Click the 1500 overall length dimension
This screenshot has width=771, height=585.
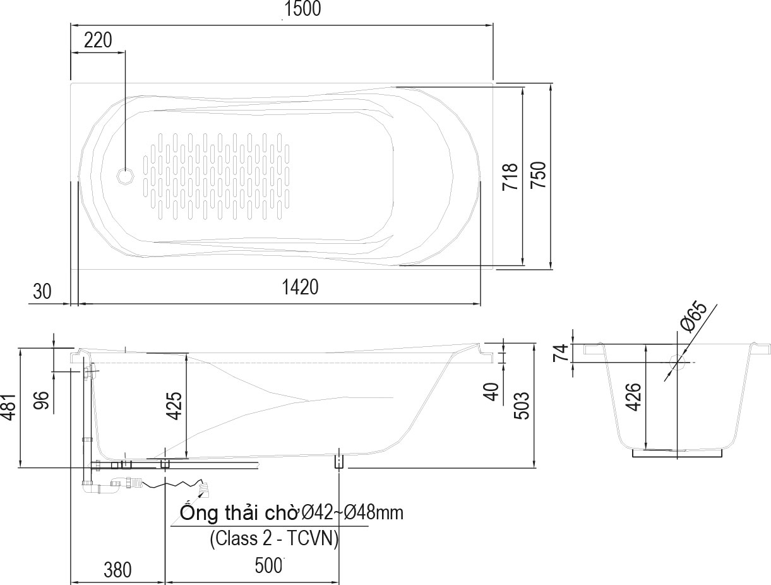pyautogui.click(x=302, y=9)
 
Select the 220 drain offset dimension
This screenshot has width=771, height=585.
pyautogui.click(x=98, y=40)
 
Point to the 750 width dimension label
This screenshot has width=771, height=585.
pyautogui.click(x=538, y=176)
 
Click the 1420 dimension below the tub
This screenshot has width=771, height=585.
pyautogui.click(x=300, y=287)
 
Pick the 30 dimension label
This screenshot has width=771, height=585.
pyautogui.click(x=42, y=291)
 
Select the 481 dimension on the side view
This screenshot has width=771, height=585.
pyautogui.click(x=8, y=406)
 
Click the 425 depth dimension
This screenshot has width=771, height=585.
pyautogui.click(x=174, y=406)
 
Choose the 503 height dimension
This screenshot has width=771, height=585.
pyautogui.click(x=522, y=406)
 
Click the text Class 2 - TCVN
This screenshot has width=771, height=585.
pyautogui.click(x=274, y=539)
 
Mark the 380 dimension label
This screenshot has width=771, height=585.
pyautogui.click(x=117, y=570)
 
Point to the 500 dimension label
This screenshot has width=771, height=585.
pyautogui.click(x=268, y=566)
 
